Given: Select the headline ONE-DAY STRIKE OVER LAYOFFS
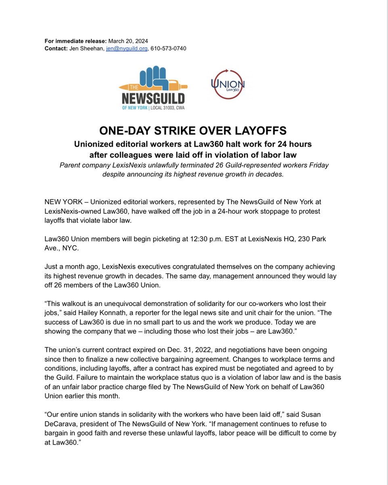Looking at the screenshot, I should [x=193, y=131].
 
